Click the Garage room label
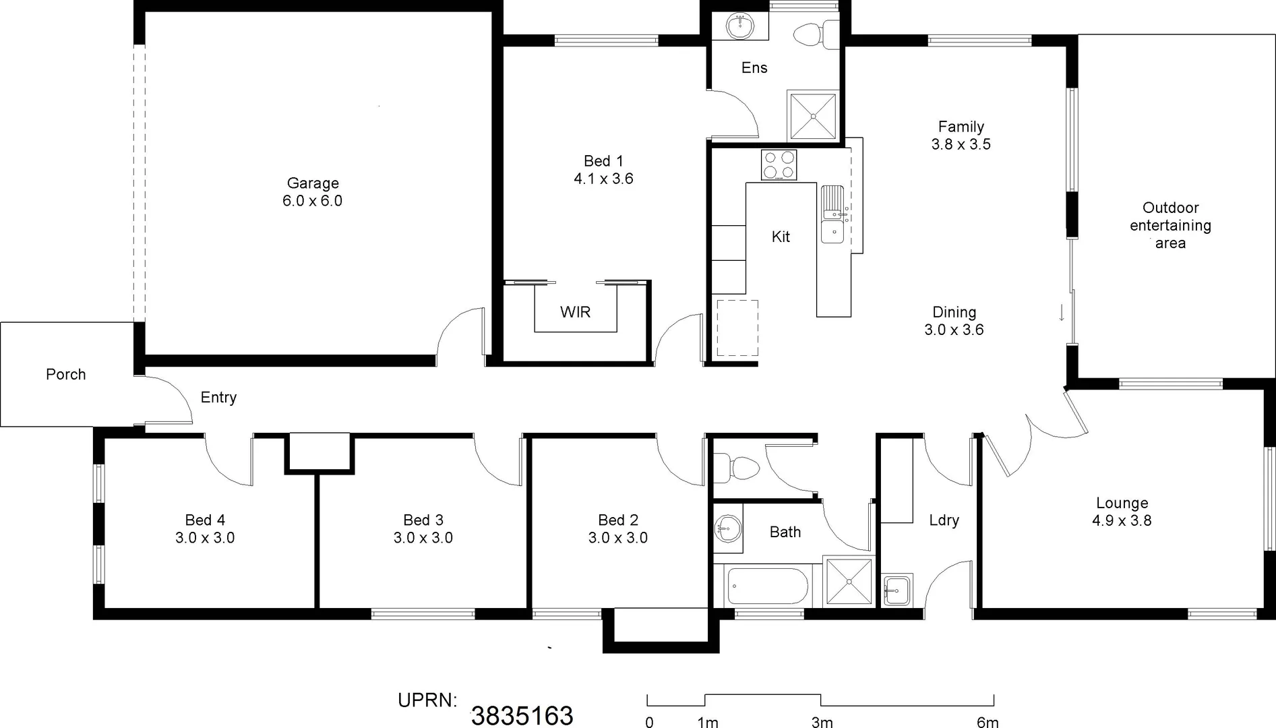312,183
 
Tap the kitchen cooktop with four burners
779,165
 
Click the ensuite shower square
813,117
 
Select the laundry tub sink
897,590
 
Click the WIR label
575,312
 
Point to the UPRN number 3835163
522,715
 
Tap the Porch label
66,374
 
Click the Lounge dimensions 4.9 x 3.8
1122,520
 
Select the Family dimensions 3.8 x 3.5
961,144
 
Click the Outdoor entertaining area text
1170,225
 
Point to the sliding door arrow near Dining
1062,313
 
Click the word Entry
218,397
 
